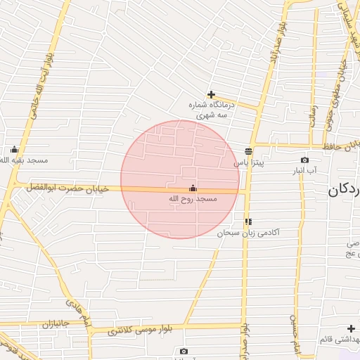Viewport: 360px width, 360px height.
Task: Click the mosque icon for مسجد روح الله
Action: [x=193, y=188]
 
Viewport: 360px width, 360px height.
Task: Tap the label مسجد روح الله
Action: [x=193, y=200]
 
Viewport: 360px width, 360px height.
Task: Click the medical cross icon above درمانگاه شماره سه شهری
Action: [x=211, y=94]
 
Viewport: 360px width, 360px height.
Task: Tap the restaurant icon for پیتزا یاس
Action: [x=248, y=150]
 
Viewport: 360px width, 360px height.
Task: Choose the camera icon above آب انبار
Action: [x=304, y=160]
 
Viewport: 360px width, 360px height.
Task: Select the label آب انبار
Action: [x=304, y=170]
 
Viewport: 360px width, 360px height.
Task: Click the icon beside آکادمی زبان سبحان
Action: [x=248, y=221]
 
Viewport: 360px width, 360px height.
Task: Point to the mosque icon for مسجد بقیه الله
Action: [x=14, y=149]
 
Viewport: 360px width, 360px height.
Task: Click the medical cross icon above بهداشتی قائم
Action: [x=351, y=328]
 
